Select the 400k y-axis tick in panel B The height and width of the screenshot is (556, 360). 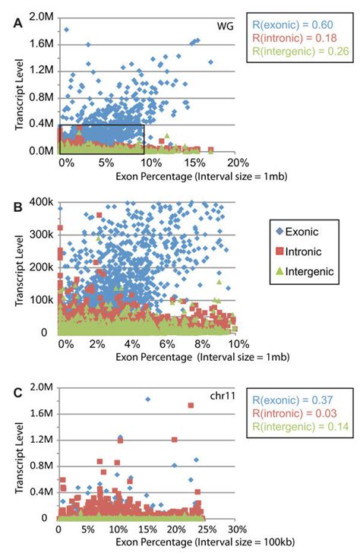(43, 203)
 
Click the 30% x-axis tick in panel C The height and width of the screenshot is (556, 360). (235, 529)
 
